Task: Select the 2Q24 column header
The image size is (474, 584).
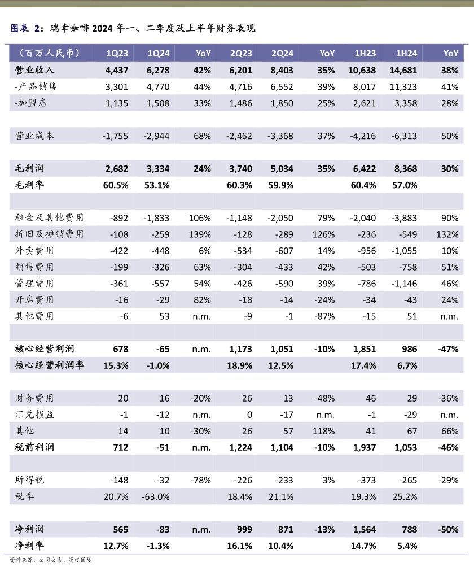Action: [x=282, y=54]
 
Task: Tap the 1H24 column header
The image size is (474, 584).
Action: [x=406, y=54]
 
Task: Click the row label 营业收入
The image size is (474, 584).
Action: [x=34, y=70]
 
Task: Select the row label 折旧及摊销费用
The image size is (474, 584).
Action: [x=49, y=234]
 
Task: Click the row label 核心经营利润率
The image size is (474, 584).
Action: [x=49, y=365]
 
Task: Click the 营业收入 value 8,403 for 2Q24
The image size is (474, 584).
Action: [x=282, y=70]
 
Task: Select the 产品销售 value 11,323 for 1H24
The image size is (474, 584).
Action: [x=402, y=86]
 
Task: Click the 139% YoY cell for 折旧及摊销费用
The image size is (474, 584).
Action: [x=201, y=234]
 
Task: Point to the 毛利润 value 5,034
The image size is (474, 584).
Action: [x=282, y=168]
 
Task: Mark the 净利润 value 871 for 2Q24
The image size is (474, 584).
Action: [x=286, y=529]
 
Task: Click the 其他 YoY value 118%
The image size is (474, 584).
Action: [x=324, y=431]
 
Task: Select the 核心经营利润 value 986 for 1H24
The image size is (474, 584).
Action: [x=409, y=349]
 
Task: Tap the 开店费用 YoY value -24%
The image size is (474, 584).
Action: [x=324, y=299]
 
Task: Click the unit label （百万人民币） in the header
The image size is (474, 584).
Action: [x=49, y=54]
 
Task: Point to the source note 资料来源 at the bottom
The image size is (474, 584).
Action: [x=51, y=560]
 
